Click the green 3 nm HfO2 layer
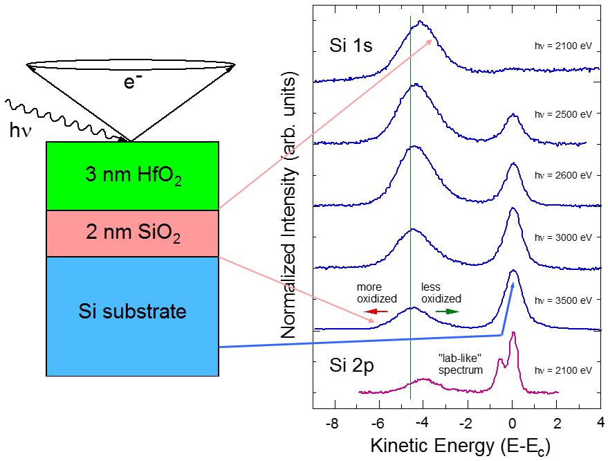point(132,177)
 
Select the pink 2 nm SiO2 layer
point(132,234)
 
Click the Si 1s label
point(351,47)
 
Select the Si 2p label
point(351,366)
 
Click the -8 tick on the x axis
point(333,423)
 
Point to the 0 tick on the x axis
point(512,423)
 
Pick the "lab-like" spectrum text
point(459,363)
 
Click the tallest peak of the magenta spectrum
point(513,334)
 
